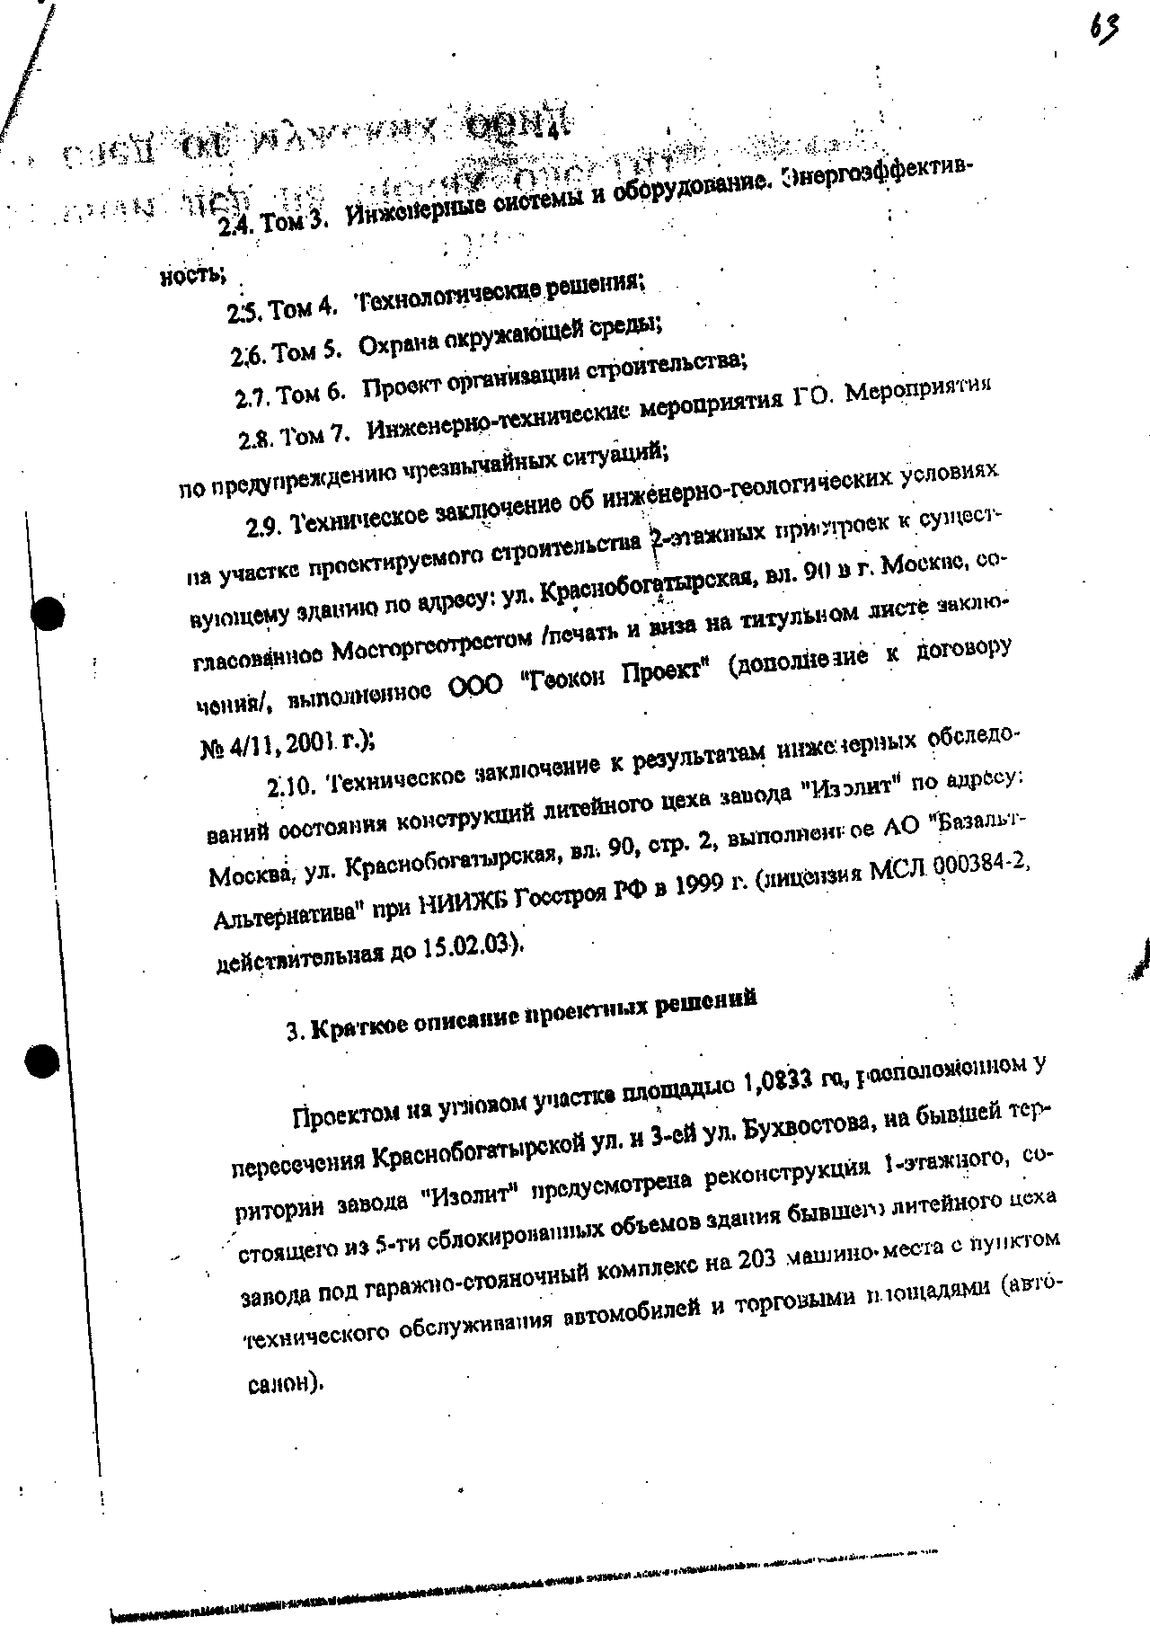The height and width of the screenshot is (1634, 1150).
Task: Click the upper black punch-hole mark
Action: [x=46, y=614]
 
